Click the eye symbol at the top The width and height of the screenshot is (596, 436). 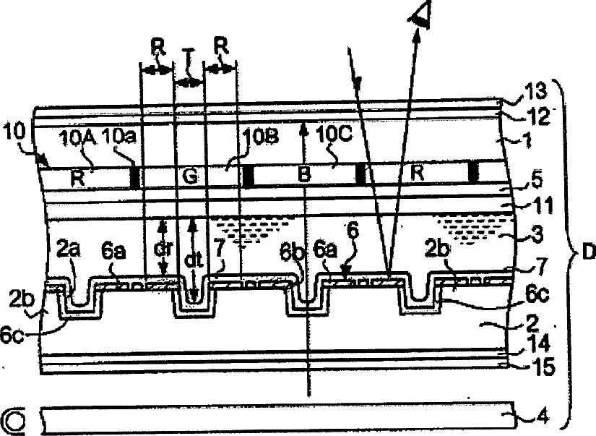click(419, 14)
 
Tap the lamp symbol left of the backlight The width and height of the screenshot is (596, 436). click(14, 419)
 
